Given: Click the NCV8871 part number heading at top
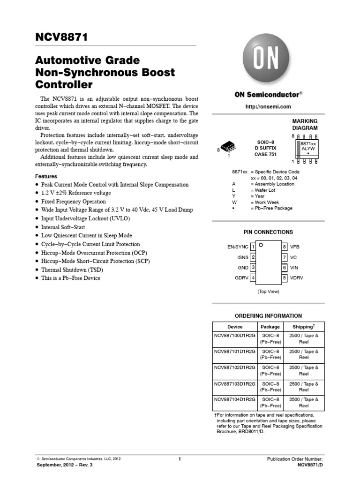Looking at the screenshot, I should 61,37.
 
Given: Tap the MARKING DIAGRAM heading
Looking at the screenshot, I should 305,124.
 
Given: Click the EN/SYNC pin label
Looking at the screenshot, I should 238,247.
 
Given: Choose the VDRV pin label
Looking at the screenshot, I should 297,278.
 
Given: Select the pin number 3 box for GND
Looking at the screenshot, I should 253,267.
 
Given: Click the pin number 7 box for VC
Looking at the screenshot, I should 284,257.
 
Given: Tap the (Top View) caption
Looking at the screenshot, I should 268,292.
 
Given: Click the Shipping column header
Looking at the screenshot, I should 303,327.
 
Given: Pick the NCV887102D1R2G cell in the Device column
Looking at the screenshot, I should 235,368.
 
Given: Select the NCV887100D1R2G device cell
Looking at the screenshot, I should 235,335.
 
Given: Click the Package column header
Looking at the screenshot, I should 270,327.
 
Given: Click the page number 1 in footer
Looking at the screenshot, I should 180,459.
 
